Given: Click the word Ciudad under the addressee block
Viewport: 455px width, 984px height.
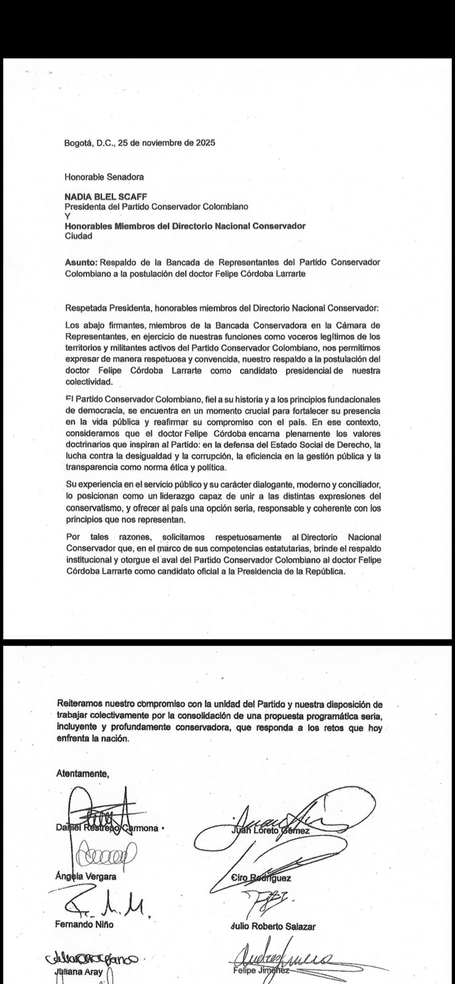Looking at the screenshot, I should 79,236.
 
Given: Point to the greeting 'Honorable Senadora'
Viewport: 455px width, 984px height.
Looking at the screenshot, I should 104,177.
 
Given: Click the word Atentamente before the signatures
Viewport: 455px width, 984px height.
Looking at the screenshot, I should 83,773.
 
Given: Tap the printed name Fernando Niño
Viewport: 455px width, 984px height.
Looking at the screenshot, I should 85,924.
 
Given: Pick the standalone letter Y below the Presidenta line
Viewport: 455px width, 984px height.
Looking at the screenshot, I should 67,216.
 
